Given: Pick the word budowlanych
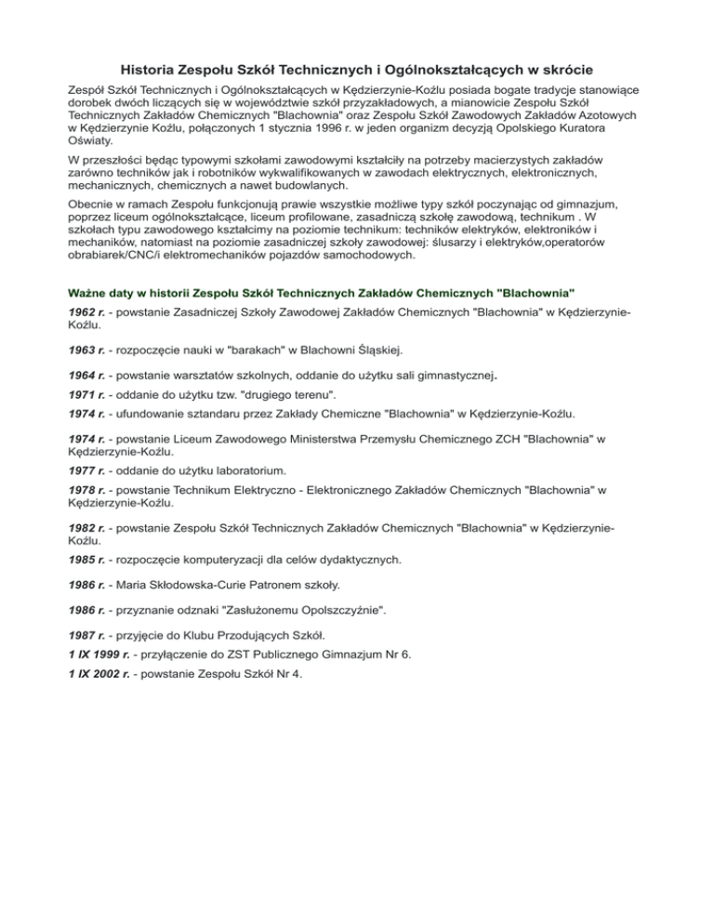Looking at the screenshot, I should [x=306, y=186].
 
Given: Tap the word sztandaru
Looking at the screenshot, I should [x=218, y=413].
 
